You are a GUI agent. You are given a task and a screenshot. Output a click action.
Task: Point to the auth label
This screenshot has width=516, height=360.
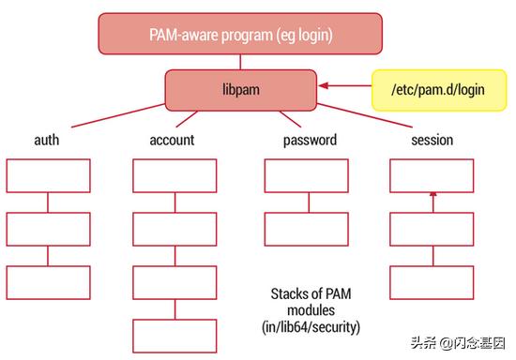tap(48, 140)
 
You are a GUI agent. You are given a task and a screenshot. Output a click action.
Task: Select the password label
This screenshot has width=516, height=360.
tap(309, 140)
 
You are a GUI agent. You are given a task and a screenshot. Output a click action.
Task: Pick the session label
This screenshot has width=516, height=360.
tap(432, 140)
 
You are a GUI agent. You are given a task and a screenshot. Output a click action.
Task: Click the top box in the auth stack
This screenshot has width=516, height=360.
tap(49, 175)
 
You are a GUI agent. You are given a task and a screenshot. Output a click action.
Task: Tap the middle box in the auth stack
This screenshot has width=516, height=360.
tap(49, 229)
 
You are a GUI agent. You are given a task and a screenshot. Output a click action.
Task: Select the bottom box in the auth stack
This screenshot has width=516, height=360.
tap(49, 282)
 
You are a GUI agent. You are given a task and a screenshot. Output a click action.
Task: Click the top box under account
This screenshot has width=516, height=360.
tap(174, 175)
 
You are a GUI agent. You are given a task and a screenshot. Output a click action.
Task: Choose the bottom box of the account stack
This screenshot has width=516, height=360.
tap(174, 336)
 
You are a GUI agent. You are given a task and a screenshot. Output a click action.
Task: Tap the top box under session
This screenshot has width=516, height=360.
tap(432, 175)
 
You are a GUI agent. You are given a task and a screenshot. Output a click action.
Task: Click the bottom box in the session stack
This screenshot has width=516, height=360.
tap(432, 282)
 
